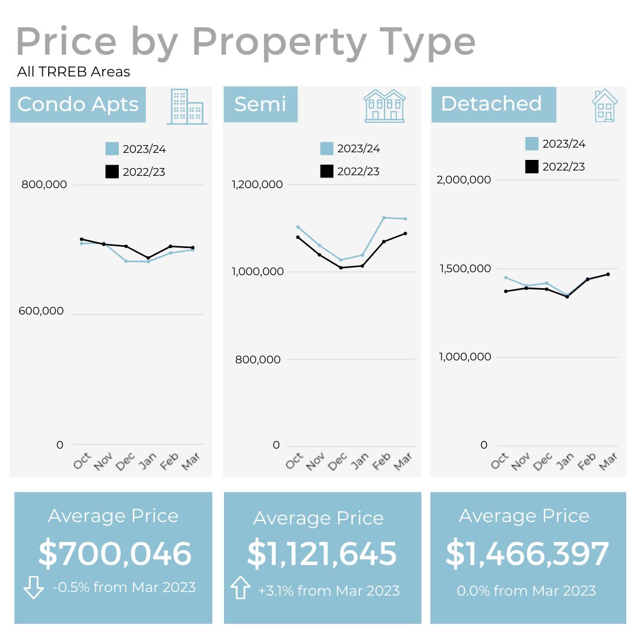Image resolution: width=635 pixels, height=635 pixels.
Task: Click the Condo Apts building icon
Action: point(187,106)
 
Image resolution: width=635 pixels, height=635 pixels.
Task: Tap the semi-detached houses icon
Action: point(385,106)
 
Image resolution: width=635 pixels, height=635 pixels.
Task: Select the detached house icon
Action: point(604,106)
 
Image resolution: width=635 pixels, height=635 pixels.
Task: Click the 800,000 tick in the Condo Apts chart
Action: point(44,185)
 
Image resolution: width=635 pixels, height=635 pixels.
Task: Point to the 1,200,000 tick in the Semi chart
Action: point(257,185)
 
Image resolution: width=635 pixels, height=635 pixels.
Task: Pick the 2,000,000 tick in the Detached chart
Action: point(463,179)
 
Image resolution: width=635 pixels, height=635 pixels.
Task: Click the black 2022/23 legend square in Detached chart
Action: point(532,166)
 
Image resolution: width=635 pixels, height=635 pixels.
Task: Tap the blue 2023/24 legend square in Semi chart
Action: point(327,148)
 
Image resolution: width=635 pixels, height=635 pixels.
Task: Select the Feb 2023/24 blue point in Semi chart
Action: point(384,218)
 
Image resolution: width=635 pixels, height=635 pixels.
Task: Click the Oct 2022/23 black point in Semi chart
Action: point(298,237)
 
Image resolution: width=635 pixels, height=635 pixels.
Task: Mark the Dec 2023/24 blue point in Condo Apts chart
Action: point(126,261)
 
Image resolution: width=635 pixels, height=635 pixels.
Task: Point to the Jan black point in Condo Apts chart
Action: point(148,258)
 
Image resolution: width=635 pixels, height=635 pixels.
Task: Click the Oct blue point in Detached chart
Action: point(506,278)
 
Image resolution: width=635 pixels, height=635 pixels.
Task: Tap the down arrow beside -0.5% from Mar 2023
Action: point(34,587)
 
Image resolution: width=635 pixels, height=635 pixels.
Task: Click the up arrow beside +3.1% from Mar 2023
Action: point(240,587)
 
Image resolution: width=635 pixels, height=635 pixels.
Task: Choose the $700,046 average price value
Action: point(115,554)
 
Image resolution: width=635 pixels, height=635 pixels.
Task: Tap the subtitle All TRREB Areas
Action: point(73,72)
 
